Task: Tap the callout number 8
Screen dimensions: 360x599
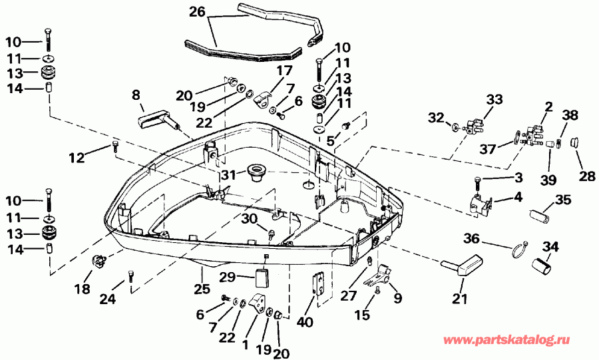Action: coord(136,95)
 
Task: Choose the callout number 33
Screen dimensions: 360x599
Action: coord(495,99)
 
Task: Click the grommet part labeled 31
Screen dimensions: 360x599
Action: coord(255,172)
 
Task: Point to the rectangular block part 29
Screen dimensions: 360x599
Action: coord(262,275)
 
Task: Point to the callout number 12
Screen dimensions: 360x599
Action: coord(78,158)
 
